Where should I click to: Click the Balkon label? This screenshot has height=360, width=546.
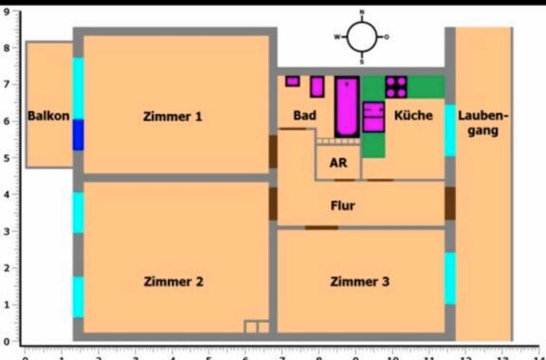49,117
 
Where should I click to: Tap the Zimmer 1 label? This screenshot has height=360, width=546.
172,117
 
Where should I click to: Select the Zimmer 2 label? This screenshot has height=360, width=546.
173,282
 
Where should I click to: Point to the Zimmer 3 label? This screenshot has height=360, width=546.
360,282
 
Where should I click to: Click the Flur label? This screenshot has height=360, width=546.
342,205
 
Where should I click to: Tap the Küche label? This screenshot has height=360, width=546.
413,115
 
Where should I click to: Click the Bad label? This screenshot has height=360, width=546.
305,115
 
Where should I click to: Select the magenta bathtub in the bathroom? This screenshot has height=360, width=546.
346,106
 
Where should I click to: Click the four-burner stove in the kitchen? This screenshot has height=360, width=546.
396,86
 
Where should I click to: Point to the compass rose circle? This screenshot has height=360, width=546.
362,37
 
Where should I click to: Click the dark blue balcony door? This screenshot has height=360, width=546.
78,135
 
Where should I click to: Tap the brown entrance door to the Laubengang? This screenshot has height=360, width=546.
450,203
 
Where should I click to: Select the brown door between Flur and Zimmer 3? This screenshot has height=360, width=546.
321,227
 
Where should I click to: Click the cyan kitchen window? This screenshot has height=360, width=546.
450,130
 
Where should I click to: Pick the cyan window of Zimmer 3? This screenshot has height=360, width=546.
450,278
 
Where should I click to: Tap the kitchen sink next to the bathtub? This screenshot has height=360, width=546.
374,117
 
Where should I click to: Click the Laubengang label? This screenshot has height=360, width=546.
483,123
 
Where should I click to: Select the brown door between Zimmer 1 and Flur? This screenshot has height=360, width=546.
273,151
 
